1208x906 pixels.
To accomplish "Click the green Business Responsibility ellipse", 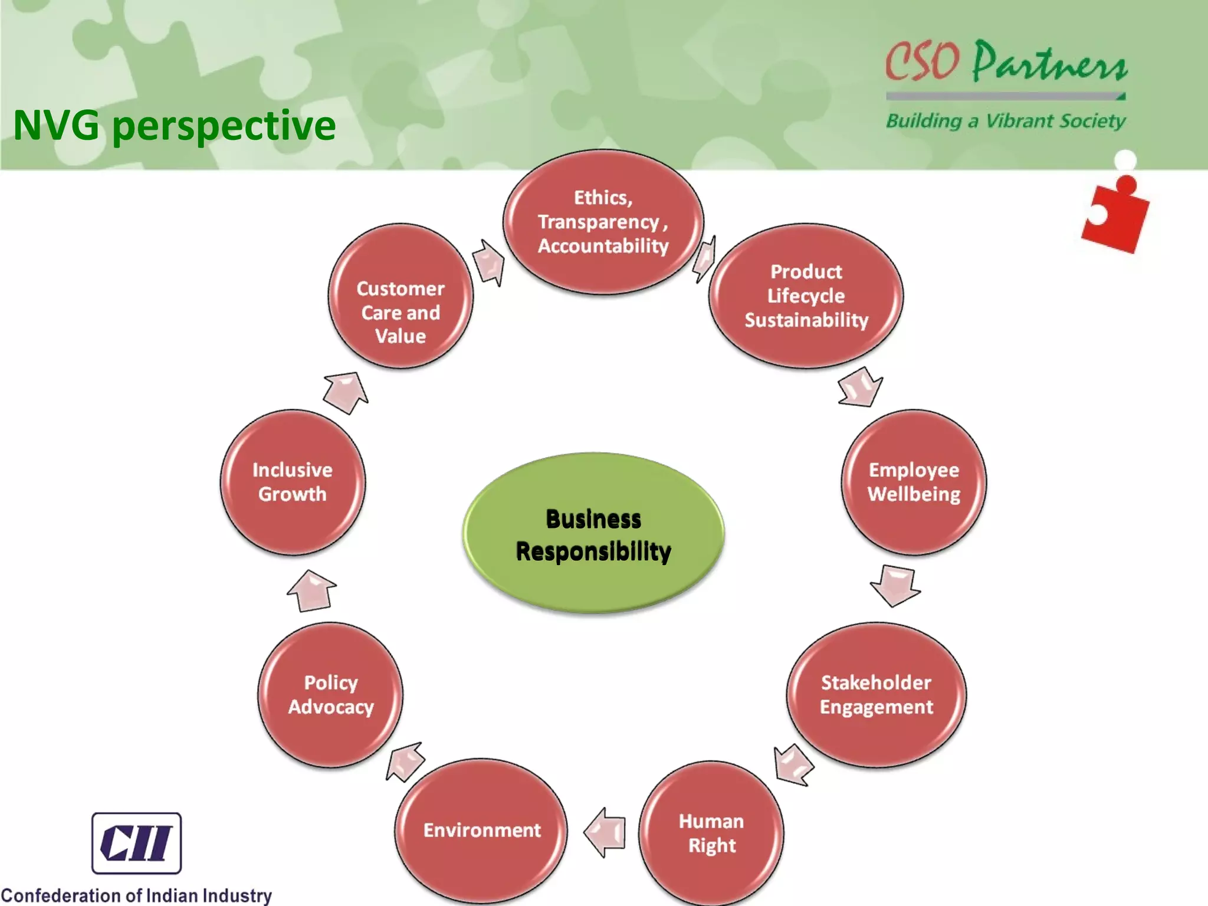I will point(593,534).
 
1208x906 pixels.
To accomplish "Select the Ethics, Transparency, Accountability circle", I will point(603,222).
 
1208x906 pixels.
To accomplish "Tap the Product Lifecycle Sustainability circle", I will point(806,296).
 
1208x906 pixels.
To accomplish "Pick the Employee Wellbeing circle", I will point(914,482).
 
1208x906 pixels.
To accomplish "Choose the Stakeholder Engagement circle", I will point(877,694).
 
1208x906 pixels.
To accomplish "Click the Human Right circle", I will point(711,833).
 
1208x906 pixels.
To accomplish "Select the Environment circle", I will point(481,830).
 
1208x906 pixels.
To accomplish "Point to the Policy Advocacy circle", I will point(330,694).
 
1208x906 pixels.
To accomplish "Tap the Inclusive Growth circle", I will point(293,482).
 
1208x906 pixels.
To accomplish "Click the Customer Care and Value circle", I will point(401,296).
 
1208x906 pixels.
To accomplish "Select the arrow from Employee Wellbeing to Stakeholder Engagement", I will point(895,585).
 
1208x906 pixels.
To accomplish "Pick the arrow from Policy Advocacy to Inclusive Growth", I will point(311,590).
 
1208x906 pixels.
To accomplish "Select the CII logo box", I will point(136,843).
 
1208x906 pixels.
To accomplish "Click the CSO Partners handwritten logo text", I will point(1006,62).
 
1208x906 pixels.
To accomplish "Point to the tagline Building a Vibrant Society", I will point(1006,121).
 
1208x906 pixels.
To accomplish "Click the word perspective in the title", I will point(224,126).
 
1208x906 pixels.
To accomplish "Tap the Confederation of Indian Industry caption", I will point(136,895).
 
